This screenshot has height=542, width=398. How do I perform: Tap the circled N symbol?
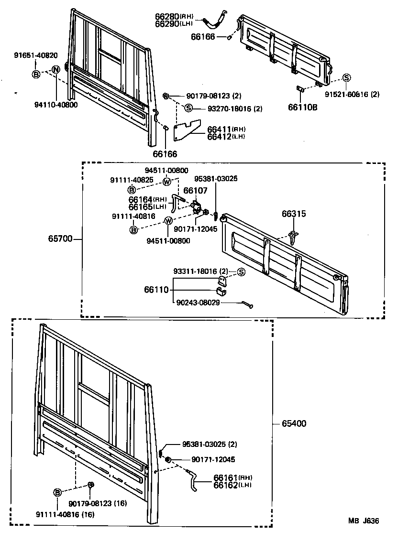55,70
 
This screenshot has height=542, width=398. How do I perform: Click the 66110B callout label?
302,107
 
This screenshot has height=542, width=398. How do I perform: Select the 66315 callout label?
293,215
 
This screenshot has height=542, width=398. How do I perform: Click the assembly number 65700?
60,238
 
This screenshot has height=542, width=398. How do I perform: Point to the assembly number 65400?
294,423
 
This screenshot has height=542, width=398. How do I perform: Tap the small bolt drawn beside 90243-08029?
247,304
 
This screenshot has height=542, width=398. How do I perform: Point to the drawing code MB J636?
364,520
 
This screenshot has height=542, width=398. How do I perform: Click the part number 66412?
219,137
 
